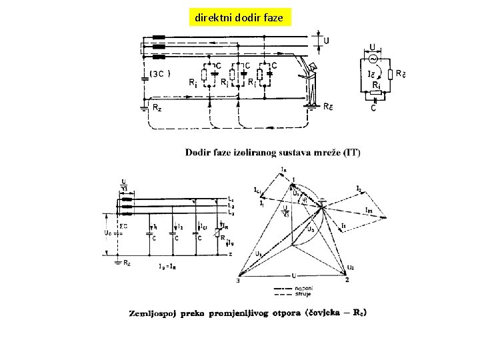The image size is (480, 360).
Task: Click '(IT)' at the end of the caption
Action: tap(351, 153)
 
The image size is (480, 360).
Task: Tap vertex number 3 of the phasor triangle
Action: tap(236, 281)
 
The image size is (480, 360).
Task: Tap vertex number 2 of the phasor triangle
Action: tap(347, 280)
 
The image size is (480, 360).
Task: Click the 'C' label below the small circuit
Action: tap(373, 109)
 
